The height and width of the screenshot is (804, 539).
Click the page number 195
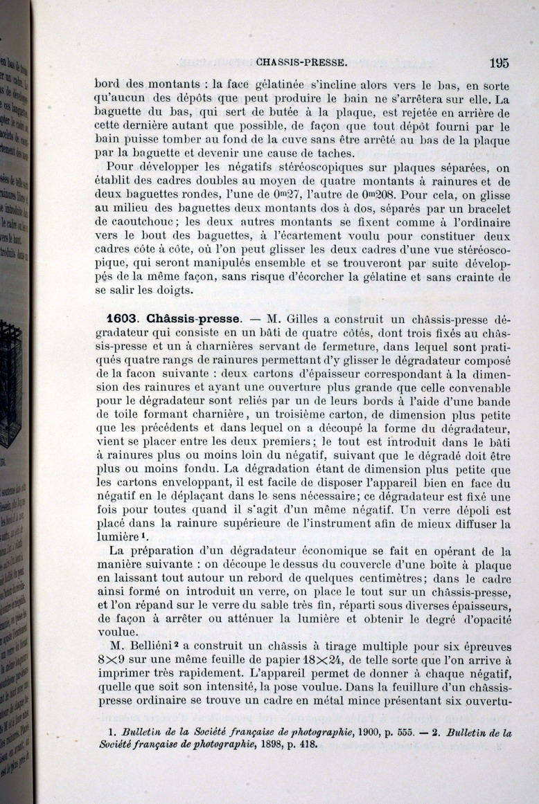tap(498, 62)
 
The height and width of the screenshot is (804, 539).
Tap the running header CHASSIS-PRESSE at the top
tap(301, 62)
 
